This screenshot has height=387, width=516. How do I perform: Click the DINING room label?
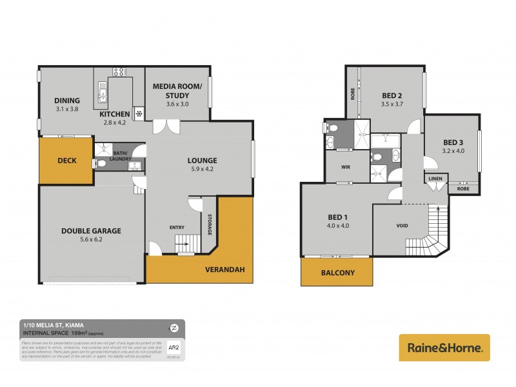pyautogui.click(x=67, y=101)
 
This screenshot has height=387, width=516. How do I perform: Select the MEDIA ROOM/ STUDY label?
pyautogui.click(x=177, y=91)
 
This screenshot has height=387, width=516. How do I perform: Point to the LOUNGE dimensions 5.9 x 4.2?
pyautogui.click(x=202, y=170)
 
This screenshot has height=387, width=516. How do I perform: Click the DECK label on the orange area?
pyautogui.click(x=67, y=161)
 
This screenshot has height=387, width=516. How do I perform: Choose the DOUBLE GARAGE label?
pyautogui.click(x=91, y=230)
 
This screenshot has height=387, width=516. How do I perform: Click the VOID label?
pyautogui.click(x=401, y=226)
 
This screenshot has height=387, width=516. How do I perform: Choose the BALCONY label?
pyautogui.click(x=337, y=273)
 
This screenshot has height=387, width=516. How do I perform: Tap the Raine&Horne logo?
pyautogui.click(x=444, y=347)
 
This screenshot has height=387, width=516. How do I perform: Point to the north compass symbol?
pyautogui.click(x=174, y=327)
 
